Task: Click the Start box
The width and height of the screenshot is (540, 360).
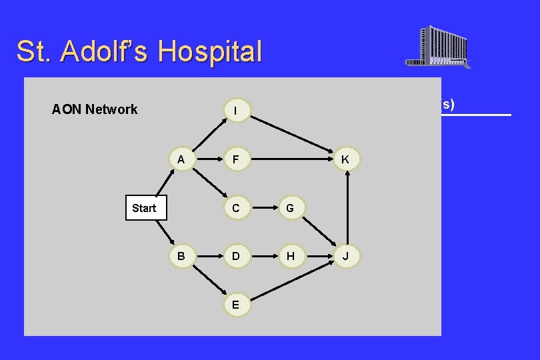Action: pos(144,208)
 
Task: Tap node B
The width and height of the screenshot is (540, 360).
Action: pos(181,256)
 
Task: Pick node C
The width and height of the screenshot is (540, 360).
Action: pos(235,208)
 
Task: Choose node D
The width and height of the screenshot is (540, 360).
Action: pos(235,256)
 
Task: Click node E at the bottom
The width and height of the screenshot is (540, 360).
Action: pos(235,304)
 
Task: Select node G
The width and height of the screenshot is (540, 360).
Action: pos(290,208)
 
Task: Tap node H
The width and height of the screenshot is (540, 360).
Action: pos(290,256)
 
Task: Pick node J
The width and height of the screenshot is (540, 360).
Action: pos(345,256)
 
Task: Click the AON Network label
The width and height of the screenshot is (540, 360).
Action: pos(95,109)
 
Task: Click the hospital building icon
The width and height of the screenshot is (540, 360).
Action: pos(438,47)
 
